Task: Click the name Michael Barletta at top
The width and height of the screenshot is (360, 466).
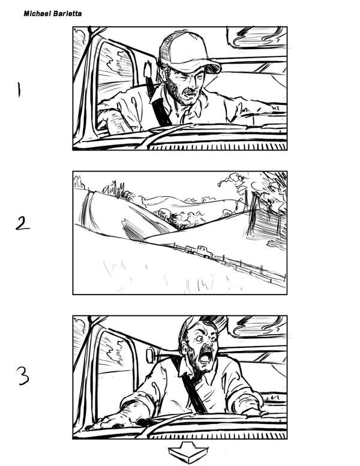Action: coord(53,14)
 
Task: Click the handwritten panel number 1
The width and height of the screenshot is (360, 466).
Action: coord(19,90)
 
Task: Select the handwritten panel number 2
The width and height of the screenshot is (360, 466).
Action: coord(23,223)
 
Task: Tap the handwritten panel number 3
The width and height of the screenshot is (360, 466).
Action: coord(22,375)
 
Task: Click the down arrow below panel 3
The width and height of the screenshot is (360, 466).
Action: coord(188,452)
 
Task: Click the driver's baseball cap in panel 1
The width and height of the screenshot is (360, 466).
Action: coord(187,52)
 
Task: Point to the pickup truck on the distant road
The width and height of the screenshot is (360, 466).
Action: coord(199,251)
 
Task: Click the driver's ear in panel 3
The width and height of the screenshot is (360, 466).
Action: coord(185,348)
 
